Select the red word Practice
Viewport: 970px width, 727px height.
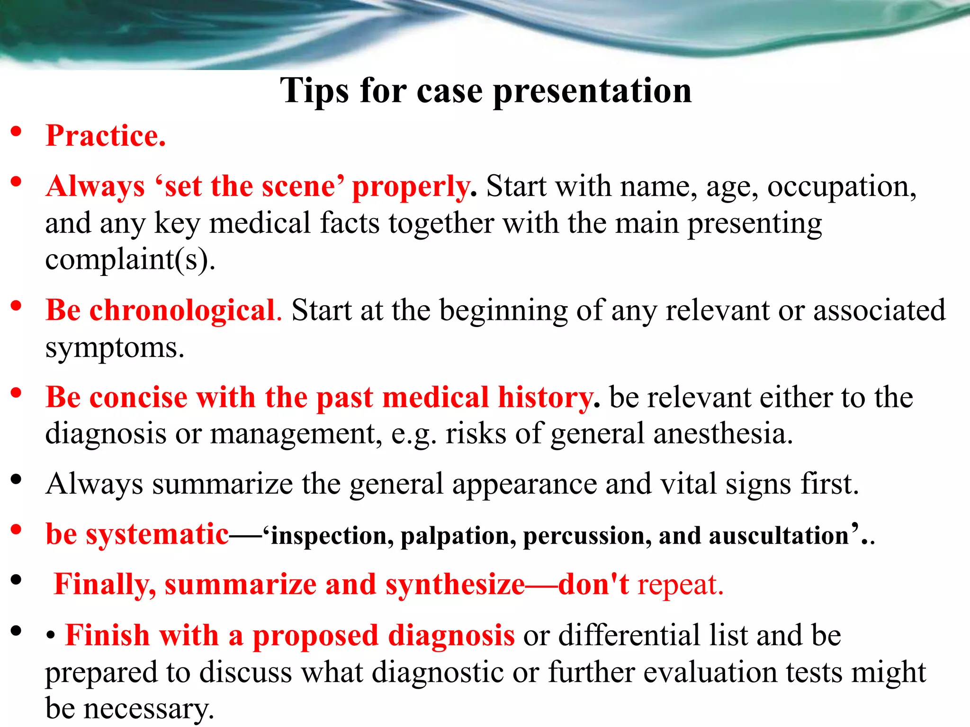point(105,136)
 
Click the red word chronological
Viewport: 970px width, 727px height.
point(182,311)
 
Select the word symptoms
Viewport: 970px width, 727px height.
point(114,348)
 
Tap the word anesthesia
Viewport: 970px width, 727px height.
point(723,434)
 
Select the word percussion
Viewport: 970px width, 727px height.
point(586,536)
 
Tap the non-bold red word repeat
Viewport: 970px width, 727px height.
point(680,585)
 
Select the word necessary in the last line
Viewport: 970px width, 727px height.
point(148,709)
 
